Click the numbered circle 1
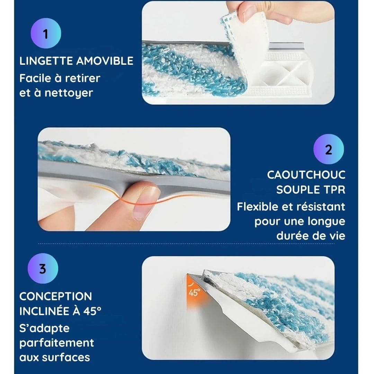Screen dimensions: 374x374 [x=46, y=34]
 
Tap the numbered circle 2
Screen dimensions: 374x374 [x=328, y=149]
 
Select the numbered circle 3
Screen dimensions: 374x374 [x=43, y=269]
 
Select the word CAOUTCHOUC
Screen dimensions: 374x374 [x=306, y=175]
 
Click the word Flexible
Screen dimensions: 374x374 [x=258, y=207]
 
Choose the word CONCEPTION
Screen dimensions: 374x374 [x=55, y=296]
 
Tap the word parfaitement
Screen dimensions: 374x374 [x=56, y=343]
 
